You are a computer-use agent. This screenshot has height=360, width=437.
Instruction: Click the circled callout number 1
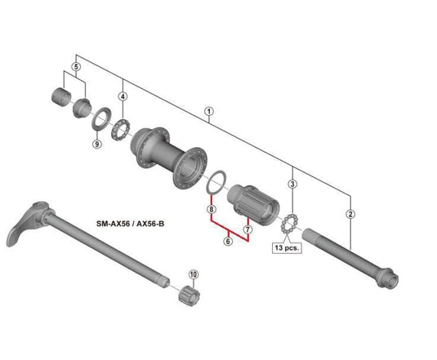(x=209, y=112)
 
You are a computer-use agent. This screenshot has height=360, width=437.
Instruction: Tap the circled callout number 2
(x=350, y=214)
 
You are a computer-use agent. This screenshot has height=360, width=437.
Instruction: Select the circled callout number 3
(x=292, y=184)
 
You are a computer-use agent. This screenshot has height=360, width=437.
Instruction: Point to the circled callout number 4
(x=123, y=96)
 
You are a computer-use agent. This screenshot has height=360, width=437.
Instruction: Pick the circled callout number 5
(x=76, y=67)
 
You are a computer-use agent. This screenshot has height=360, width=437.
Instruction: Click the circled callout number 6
(x=228, y=241)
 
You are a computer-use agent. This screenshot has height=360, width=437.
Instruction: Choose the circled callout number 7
(x=247, y=229)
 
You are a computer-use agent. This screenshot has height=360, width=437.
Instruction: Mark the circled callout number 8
(x=212, y=209)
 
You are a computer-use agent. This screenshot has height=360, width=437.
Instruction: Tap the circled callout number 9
(x=96, y=144)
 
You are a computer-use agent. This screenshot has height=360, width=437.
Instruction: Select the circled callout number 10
(x=193, y=274)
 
